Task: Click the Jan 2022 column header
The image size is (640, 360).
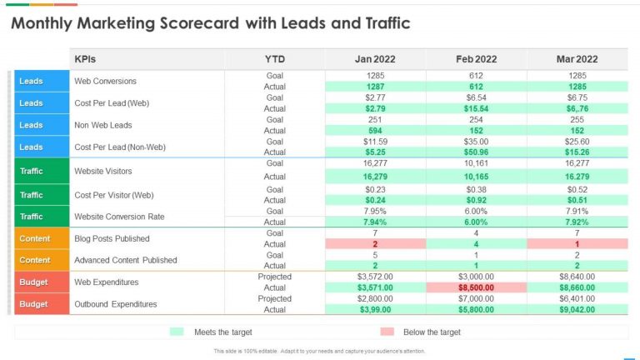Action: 375,59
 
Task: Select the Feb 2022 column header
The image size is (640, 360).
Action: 476,59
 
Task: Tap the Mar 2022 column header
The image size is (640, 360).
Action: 577,59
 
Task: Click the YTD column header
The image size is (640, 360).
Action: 274,59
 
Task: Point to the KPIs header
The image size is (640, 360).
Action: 86,59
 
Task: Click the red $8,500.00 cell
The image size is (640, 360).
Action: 476,287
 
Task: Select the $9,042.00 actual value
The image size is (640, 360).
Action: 577,310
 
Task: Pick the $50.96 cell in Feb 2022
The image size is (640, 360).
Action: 476,152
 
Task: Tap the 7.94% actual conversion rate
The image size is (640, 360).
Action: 375,222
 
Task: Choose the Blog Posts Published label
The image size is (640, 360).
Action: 112,238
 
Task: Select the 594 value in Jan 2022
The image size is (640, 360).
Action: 375,130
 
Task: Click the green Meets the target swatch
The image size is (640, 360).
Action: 176,332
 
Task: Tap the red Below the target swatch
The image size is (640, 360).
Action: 387,332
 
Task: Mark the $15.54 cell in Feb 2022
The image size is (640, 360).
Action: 476,108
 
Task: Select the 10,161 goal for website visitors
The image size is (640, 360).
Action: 476,164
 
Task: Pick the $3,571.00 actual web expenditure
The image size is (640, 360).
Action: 375,287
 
